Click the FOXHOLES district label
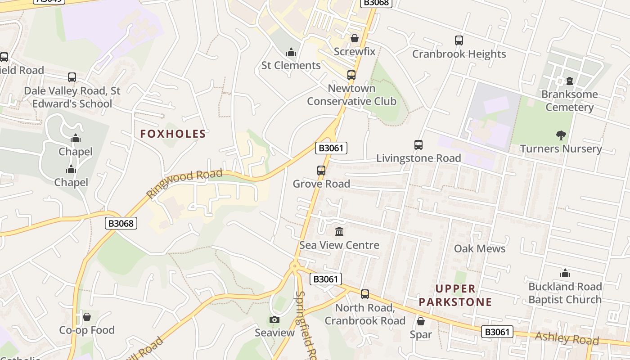173,134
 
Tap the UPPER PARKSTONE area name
455,295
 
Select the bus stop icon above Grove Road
321,171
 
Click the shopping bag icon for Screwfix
355,38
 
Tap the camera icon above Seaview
274,319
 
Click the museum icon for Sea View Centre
339,232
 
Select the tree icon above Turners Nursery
561,135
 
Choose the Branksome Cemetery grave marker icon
570,81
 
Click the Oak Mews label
480,248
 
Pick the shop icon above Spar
421,321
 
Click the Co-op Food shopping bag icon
87,317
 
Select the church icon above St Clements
291,52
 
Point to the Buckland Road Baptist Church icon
565,273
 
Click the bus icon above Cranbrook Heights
459,40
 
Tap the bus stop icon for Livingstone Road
418,145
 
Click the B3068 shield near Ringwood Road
121,223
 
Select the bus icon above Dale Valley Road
72,77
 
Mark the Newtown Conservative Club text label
351,94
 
